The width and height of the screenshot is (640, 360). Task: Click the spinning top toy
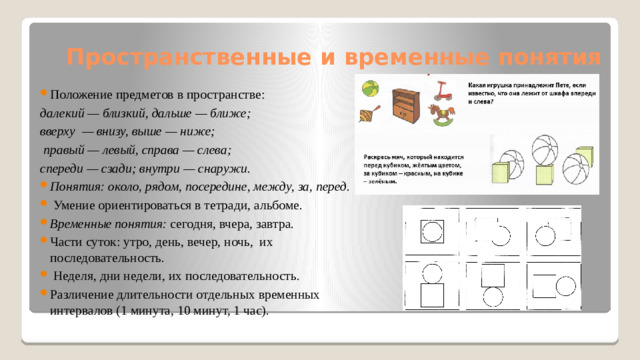pos(367,114)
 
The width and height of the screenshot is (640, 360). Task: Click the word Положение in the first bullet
pos(80,95)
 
